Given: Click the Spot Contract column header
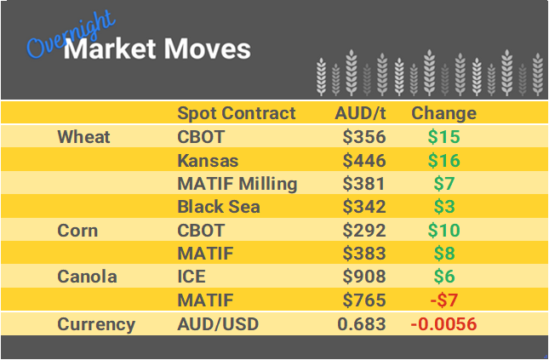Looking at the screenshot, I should pyautogui.click(x=236, y=113).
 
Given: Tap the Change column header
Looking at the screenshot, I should pyautogui.click(x=443, y=113).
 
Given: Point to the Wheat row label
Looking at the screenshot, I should pyautogui.click(x=83, y=137).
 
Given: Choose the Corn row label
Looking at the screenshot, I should pyautogui.click(x=77, y=231).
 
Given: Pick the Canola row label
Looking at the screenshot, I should pyautogui.click(x=87, y=277).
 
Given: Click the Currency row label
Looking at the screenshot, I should pyautogui.click(x=95, y=324).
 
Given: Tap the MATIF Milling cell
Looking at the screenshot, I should pyautogui.click(x=237, y=184).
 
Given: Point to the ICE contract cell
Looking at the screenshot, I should pyautogui.click(x=191, y=277).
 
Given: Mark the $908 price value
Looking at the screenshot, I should pyautogui.click(x=364, y=277).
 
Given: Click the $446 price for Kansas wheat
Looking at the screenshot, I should pyautogui.click(x=364, y=160).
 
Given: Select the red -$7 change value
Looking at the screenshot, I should pyautogui.click(x=443, y=300).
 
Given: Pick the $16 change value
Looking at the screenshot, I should pyautogui.click(x=443, y=160).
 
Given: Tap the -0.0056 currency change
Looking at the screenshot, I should pyautogui.click(x=443, y=324).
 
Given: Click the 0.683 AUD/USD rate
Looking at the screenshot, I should pyautogui.click(x=362, y=324).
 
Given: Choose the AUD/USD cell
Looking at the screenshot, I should pyautogui.click(x=217, y=324).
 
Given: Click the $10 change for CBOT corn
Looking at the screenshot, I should pyautogui.click(x=443, y=231).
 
